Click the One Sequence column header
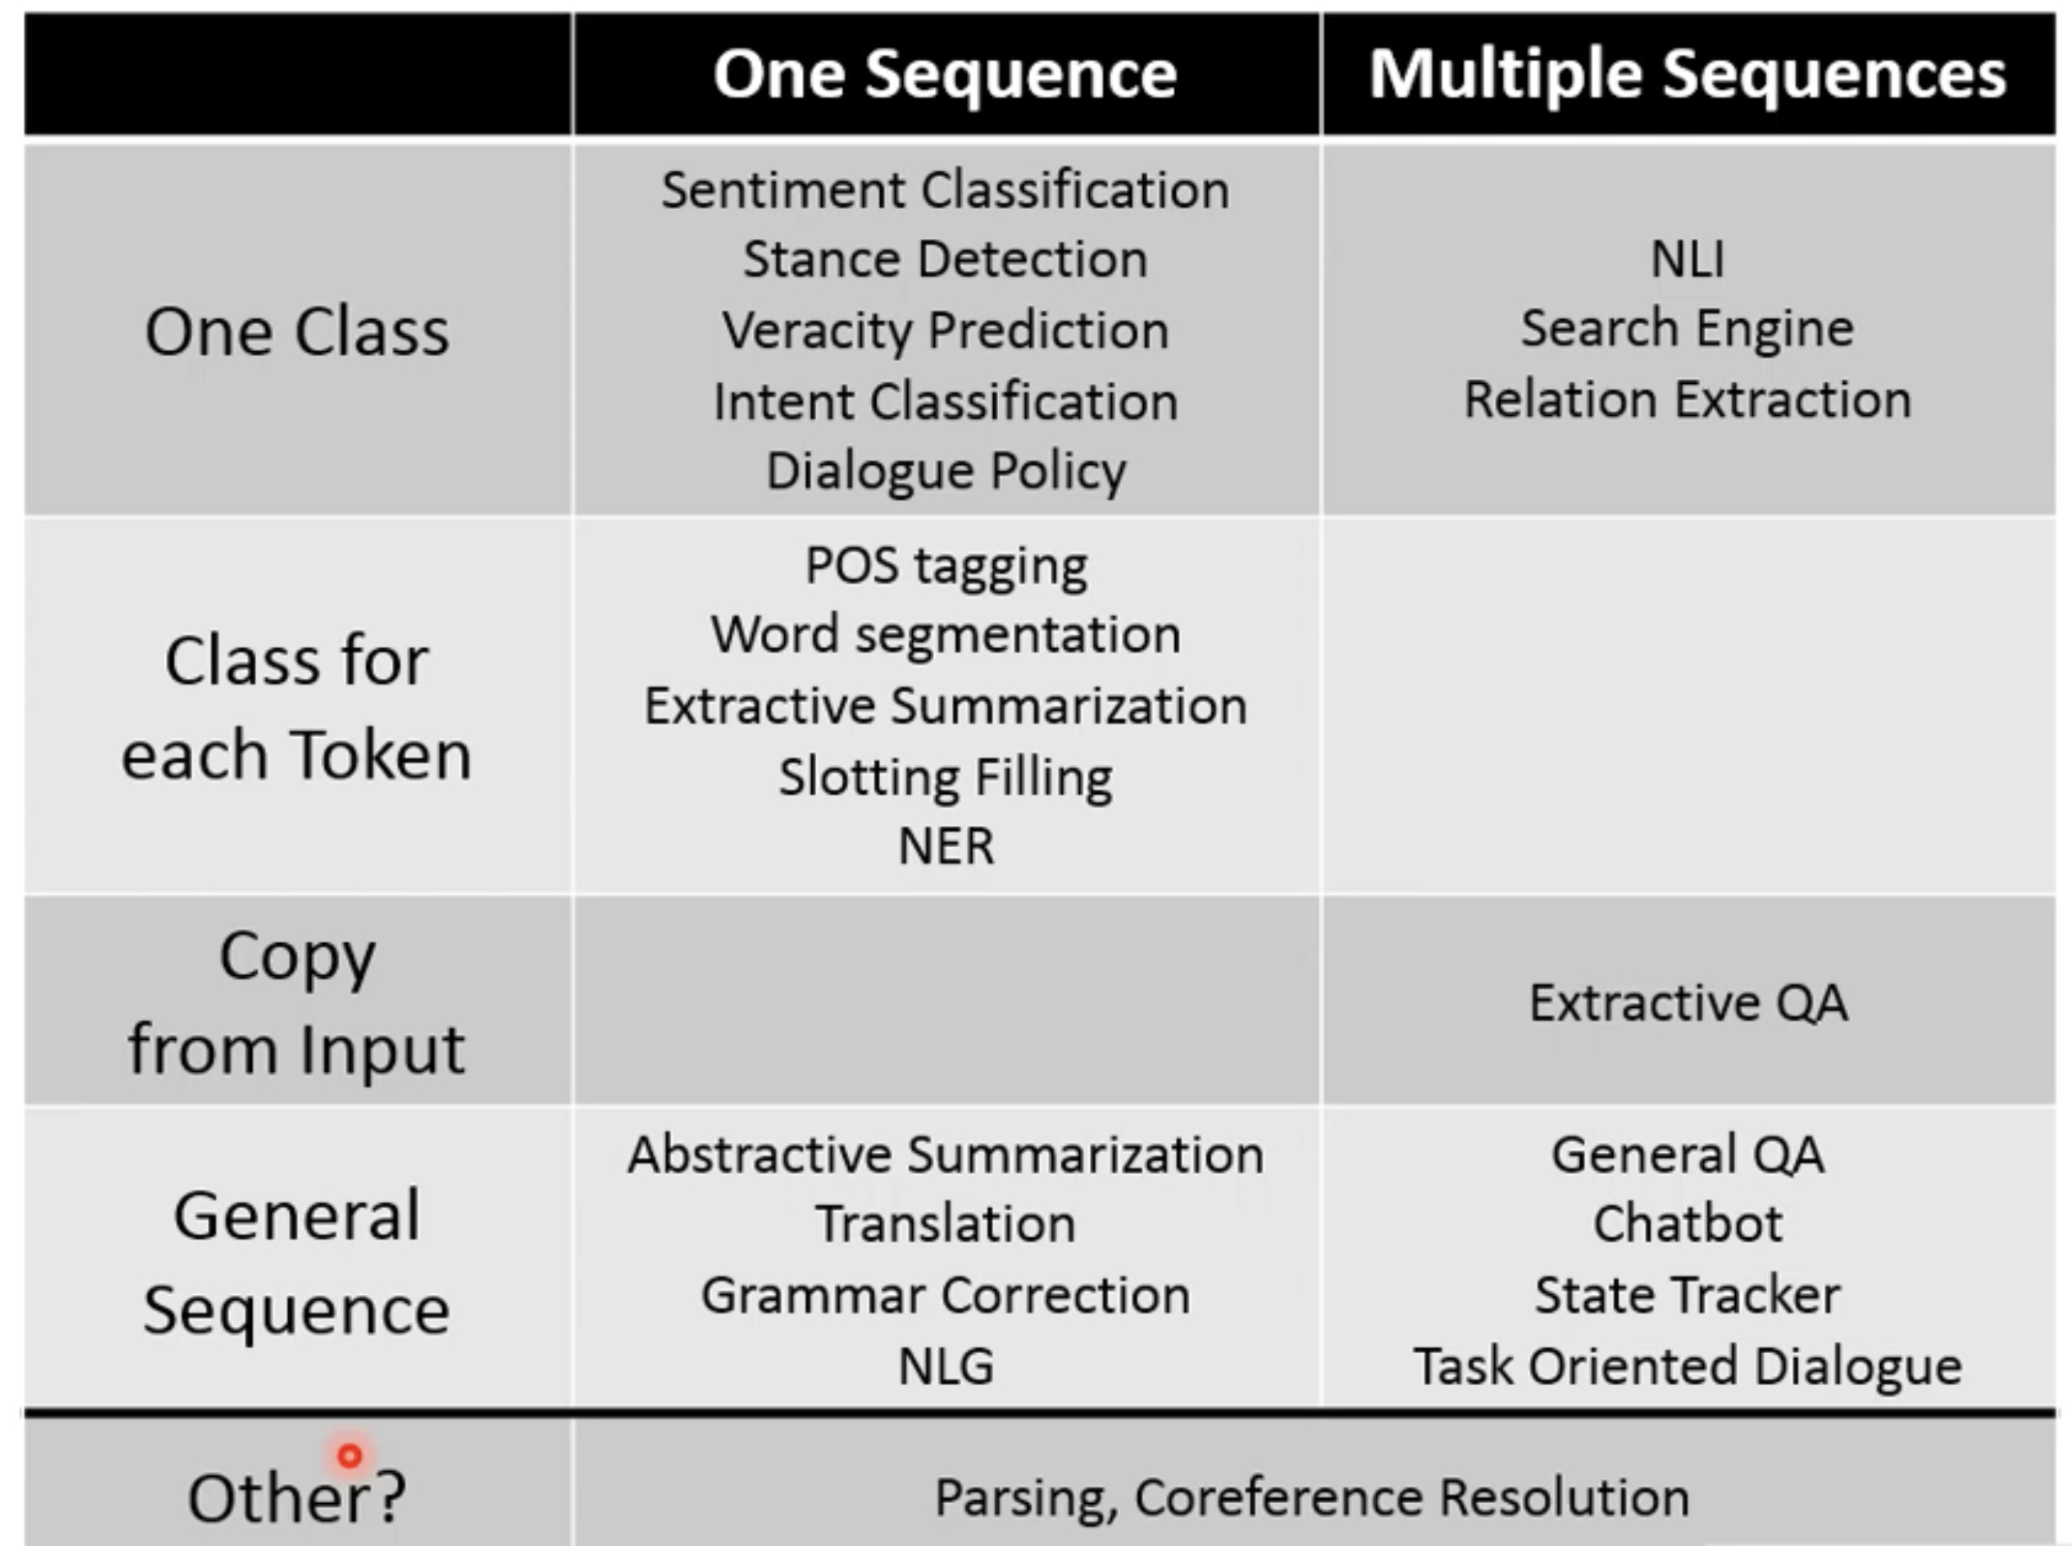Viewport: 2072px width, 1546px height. [945, 75]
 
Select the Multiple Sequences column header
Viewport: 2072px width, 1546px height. [1687, 75]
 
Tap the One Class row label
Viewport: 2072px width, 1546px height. [296, 333]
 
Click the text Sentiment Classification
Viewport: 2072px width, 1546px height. [945, 190]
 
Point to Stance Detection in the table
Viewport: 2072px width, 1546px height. [945, 259]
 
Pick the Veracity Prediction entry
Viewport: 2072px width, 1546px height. [945, 330]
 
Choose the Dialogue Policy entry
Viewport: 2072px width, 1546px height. [945, 471]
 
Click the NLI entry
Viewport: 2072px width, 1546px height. [1687, 259]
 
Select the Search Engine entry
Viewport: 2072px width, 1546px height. [1687, 328]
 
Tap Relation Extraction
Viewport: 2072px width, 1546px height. [1687, 400]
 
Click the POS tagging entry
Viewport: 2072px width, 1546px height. [945, 566]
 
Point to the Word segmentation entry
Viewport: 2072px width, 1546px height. [945, 636]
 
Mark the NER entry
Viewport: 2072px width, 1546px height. [945, 846]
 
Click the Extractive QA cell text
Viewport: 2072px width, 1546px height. [1687, 1003]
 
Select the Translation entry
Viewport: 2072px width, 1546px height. [945, 1224]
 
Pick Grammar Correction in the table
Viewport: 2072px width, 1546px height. [945, 1295]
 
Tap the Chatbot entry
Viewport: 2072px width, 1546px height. [1687, 1224]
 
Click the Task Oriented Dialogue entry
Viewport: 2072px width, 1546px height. [1687, 1367]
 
